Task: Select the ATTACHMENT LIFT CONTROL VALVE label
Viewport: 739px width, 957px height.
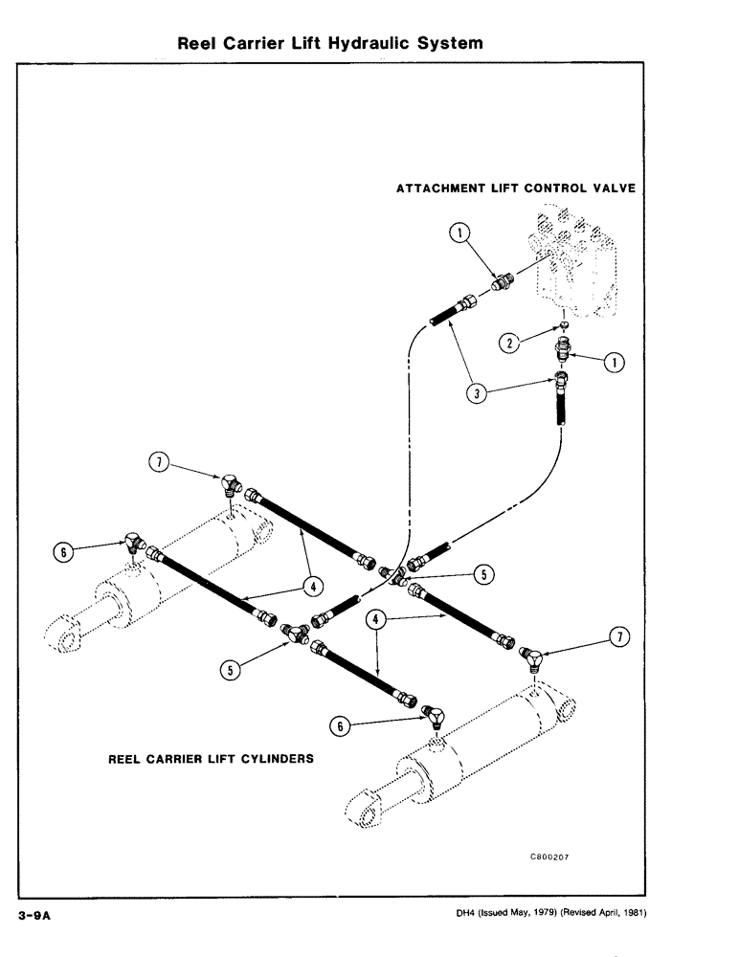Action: coord(515,189)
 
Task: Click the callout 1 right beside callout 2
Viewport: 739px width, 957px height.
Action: coord(614,362)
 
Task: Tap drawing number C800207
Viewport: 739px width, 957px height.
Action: coord(549,857)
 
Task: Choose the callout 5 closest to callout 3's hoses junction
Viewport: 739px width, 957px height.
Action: coord(483,574)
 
